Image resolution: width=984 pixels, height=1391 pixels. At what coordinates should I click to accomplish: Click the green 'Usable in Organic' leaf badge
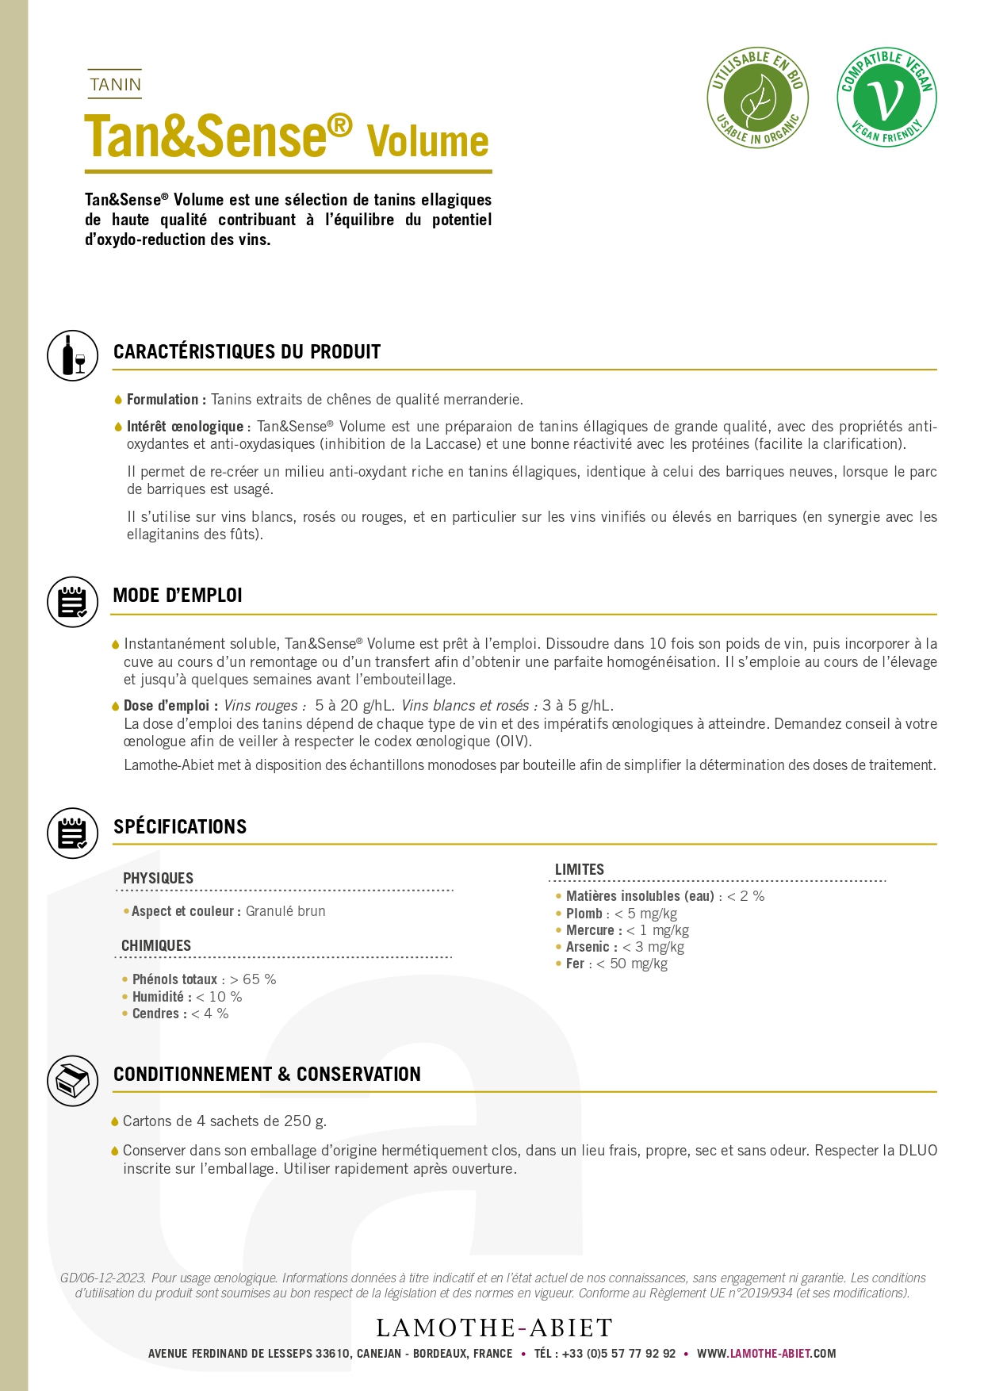757,98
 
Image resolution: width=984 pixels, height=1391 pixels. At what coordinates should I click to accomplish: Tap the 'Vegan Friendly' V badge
886,98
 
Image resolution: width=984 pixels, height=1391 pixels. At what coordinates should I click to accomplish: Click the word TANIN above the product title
115,84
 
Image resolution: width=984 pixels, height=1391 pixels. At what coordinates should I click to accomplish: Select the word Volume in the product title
427,142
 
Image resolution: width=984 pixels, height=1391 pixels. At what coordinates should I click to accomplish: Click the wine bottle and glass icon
73,355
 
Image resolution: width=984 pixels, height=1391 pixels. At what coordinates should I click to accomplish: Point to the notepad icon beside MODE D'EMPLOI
73,602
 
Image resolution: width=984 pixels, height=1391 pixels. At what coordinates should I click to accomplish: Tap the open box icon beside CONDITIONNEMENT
73,1080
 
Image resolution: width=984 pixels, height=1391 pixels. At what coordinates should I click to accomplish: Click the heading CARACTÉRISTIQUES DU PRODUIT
247,352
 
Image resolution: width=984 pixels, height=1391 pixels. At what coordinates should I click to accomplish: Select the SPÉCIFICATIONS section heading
180,827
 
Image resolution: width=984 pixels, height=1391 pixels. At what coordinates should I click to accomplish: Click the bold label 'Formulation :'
167,400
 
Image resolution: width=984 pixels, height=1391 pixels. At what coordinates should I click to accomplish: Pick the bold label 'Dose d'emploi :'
170,706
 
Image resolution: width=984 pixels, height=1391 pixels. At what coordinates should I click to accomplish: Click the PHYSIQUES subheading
158,879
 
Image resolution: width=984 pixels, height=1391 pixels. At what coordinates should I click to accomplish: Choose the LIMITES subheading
579,870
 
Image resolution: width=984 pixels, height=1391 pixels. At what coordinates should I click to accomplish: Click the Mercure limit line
626,930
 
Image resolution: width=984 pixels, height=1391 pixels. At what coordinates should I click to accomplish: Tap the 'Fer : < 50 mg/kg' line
616,964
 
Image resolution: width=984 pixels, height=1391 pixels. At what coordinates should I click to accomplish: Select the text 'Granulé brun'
285,911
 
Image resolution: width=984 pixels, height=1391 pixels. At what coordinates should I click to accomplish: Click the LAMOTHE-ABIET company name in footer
494,1328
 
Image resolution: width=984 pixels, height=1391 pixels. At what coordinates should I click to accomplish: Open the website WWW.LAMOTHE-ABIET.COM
766,1354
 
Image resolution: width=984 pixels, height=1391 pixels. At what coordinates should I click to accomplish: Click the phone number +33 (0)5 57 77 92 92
618,1354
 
